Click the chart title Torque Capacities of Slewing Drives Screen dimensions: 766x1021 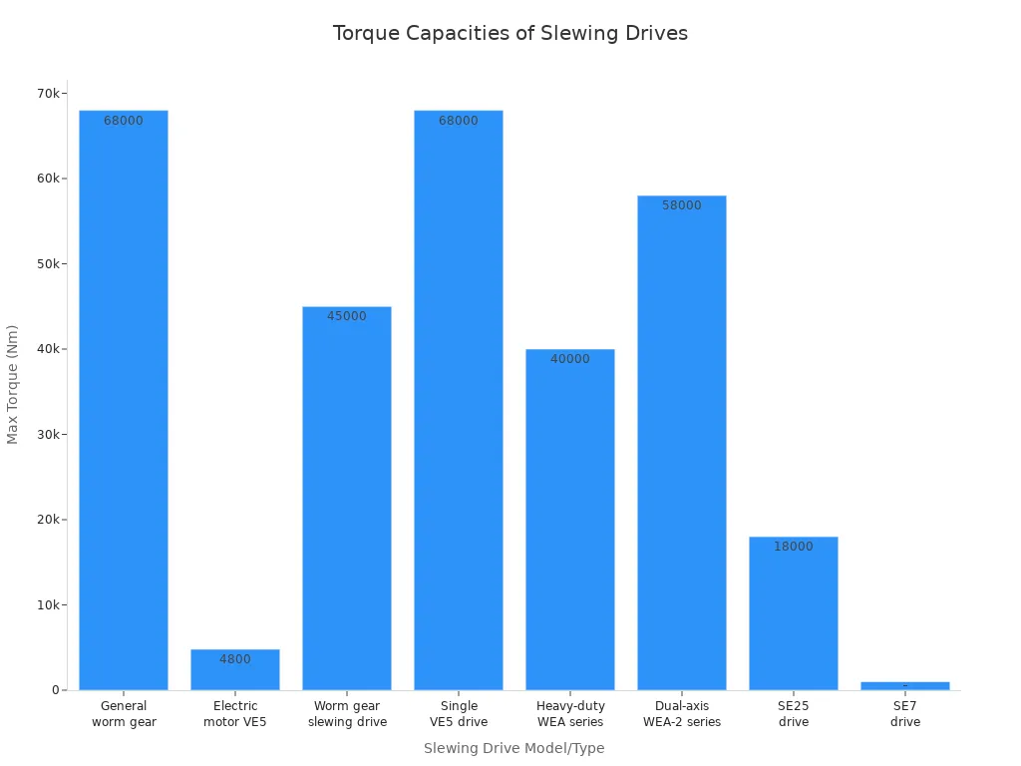tap(510, 33)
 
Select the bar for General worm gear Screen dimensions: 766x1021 tap(124, 399)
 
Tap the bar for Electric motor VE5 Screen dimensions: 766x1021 tap(235, 673)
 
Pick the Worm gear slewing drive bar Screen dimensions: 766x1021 tap(347, 499)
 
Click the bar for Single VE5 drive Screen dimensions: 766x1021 tap(459, 399)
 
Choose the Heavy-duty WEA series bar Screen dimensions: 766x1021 tap(570, 519)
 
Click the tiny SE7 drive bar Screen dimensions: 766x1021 tap(905, 685)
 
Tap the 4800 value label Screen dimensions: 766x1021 tap(235, 659)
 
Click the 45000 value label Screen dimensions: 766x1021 tap(347, 316)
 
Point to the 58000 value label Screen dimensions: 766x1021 tap(682, 205)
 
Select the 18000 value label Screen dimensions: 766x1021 tap(794, 547)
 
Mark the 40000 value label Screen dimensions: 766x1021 tap(570, 359)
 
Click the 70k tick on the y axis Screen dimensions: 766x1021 tap(48, 94)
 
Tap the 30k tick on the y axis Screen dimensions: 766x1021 tap(48, 435)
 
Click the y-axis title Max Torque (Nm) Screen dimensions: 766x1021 tap(13, 384)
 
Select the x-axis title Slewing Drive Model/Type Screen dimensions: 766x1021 tap(513, 748)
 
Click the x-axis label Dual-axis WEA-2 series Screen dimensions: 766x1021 tap(682, 714)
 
